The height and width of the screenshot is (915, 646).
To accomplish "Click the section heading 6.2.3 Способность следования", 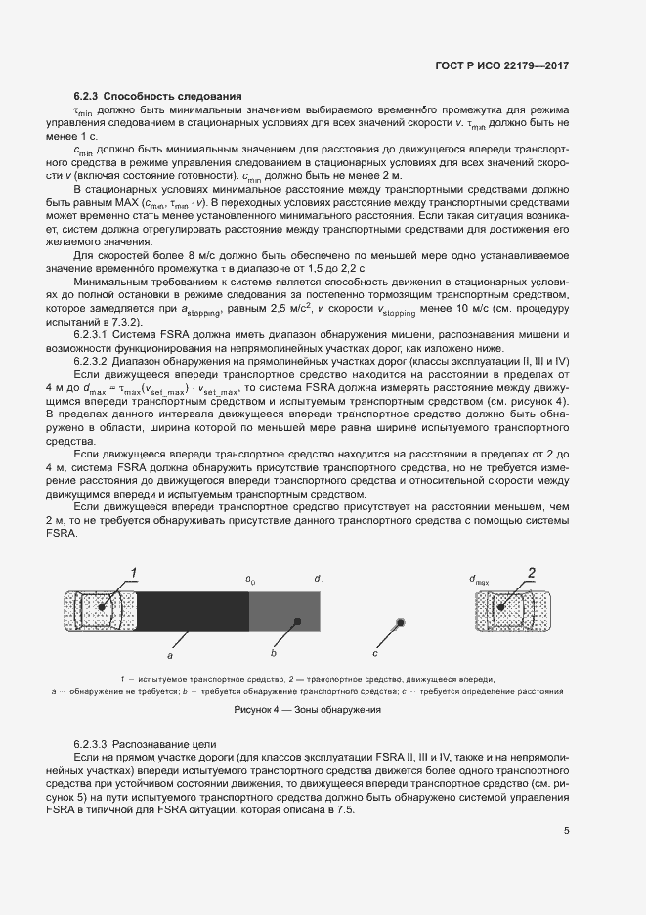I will [x=157, y=96].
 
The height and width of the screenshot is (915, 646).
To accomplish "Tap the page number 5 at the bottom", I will [x=567, y=832].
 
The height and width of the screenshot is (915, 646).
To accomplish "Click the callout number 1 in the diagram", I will [x=134, y=572].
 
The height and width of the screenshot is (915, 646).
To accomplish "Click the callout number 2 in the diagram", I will [x=532, y=572].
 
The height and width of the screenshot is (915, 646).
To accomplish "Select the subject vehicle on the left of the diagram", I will [x=101, y=609].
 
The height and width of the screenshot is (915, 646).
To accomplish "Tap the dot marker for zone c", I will [x=400, y=623].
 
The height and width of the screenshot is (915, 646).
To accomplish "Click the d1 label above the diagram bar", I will [x=319, y=579].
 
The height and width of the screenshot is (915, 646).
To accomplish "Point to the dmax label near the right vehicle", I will [x=479, y=579].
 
